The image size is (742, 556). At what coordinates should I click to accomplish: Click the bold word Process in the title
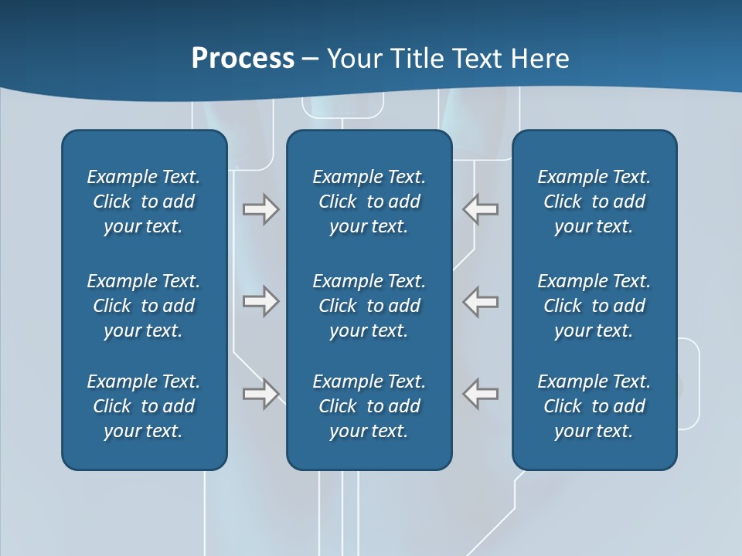(243, 59)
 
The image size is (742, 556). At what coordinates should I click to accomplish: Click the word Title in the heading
(417, 59)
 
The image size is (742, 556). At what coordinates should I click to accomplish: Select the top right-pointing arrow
(261, 209)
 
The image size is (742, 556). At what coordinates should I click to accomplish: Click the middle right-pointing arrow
(261, 300)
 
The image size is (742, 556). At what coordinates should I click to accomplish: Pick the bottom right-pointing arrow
(261, 393)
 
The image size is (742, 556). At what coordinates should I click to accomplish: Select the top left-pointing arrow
(481, 209)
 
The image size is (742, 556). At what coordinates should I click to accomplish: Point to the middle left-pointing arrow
(481, 300)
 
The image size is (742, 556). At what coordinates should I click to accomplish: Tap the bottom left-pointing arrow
(481, 393)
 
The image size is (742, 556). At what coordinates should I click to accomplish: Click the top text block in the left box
(144, 202)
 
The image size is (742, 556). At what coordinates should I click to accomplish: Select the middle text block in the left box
(144, 306)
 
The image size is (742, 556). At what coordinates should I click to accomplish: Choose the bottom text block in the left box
(144, 406)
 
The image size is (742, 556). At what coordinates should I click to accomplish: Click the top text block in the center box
(369, 202)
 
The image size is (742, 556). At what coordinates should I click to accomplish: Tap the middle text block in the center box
(369, 306)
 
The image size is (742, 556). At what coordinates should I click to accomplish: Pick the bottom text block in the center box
(369, 406)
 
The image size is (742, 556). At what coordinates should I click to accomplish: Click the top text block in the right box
(594, 202)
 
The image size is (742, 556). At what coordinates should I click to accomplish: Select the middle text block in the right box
(594, 306)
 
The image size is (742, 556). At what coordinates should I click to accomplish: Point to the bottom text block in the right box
(594, 406)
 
